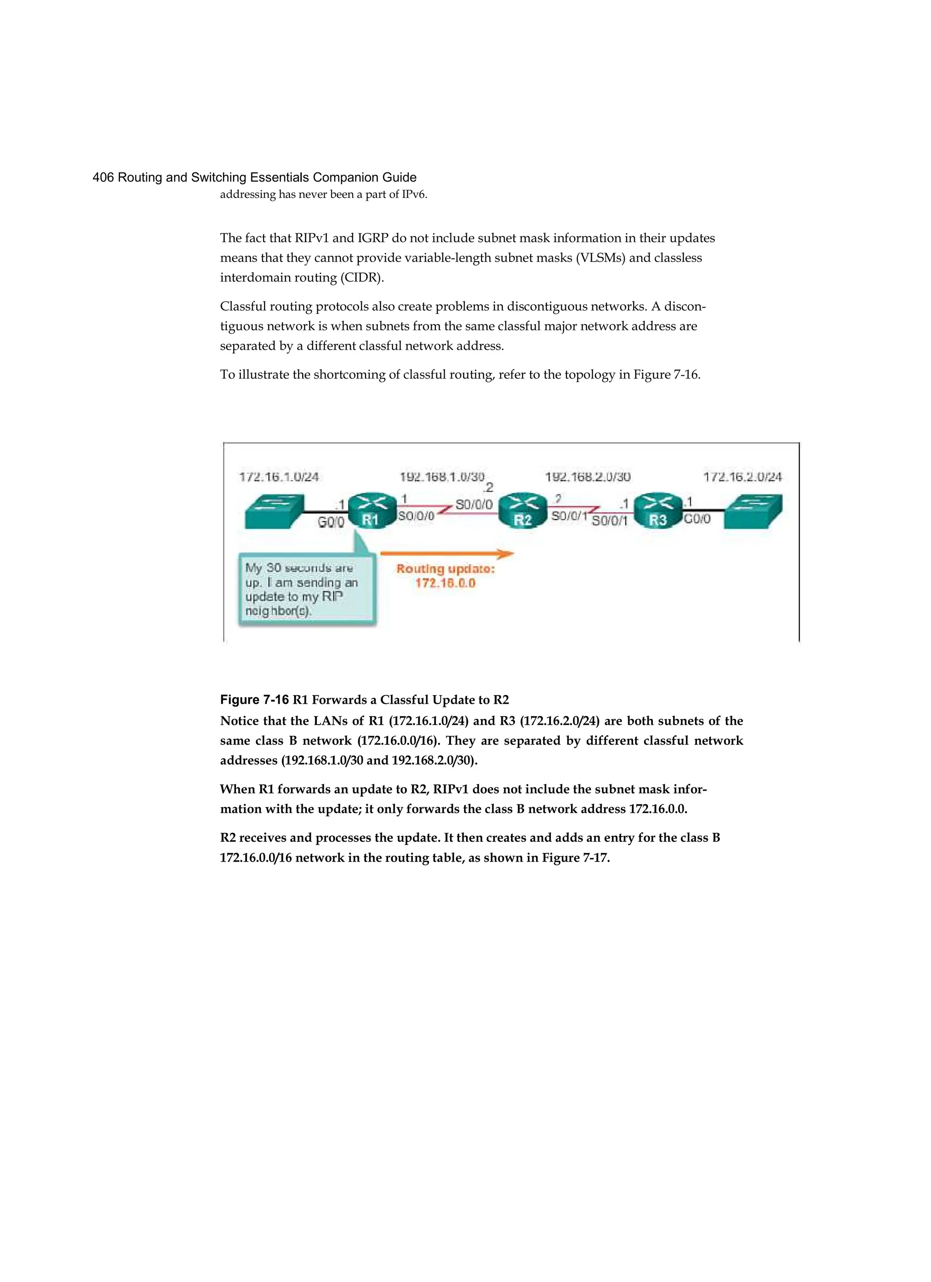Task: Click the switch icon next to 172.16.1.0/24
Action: tap(274, 511)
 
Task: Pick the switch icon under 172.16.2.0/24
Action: tap(754, 511)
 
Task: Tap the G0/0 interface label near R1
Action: tap(330, 522)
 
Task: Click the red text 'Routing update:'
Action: tap(445, 569)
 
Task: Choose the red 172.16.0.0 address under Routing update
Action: tap(445, 583)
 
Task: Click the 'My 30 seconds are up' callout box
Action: tap(307, 589)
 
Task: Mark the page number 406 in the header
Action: tap(103, 177)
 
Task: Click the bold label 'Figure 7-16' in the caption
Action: tap(254, 700)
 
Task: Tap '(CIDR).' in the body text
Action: tap(361, 278)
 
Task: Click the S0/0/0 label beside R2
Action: tap(473, 504)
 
